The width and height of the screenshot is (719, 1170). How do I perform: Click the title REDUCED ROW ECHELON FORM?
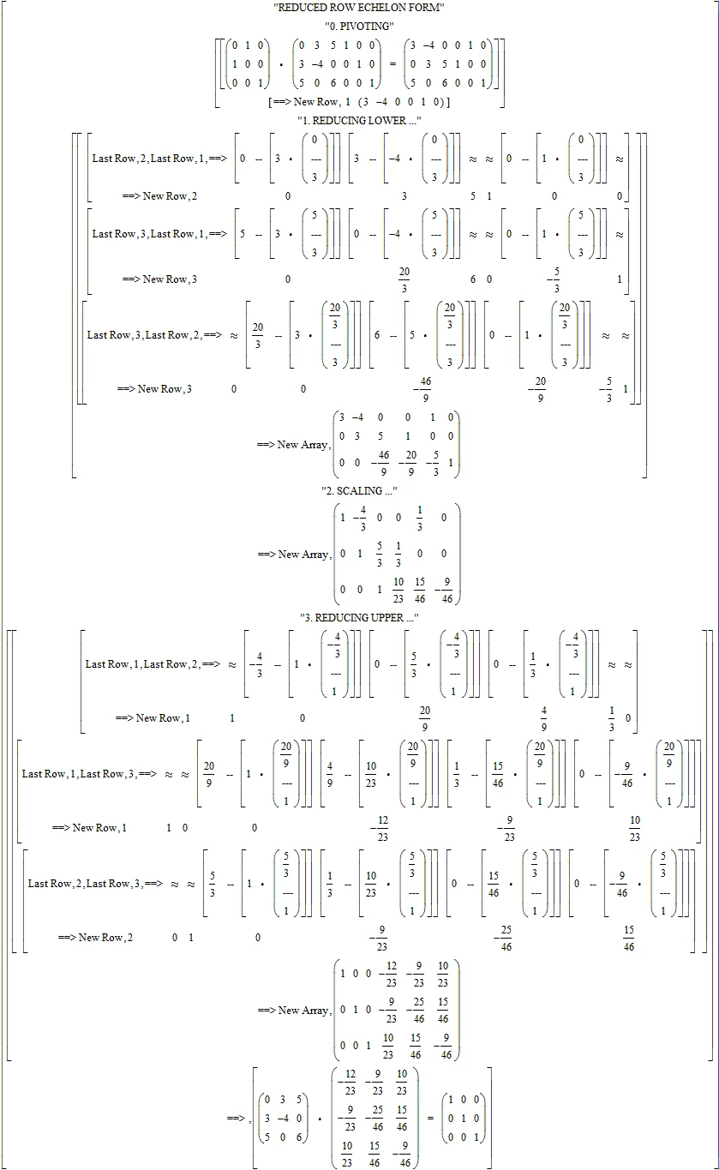click(359, 8)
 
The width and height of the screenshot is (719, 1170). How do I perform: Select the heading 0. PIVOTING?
click(359, 26)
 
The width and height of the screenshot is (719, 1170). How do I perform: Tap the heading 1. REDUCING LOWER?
click(359, 121)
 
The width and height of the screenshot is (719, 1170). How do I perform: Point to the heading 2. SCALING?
click(359, 491)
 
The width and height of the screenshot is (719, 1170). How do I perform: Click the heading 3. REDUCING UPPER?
click(359, 617)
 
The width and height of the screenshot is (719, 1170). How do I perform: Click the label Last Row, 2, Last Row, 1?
click(149, 159)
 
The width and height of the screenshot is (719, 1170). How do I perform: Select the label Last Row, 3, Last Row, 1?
click(149, 234)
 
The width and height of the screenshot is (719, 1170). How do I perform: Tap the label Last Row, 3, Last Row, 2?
click(145, 335)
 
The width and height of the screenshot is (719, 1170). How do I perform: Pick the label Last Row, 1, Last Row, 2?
click(143, 664)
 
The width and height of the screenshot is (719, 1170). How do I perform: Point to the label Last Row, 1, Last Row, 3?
click(80, 774)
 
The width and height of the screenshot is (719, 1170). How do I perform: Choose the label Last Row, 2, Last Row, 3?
click(86, 884)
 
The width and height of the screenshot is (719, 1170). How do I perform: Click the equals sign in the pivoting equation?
click(392, 64)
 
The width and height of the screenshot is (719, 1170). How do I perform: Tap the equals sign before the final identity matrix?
click(431, 1119)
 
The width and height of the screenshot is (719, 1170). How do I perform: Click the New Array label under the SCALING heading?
click(295, 555)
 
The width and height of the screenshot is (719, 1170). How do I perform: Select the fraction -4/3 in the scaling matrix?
click(360, 518)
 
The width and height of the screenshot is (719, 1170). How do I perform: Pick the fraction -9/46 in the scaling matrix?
click(444, 591)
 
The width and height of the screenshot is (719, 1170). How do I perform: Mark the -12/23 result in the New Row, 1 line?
click(380, 829)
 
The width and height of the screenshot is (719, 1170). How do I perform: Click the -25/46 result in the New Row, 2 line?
click(503, 939)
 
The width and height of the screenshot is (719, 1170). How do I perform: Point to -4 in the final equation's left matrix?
click(283, 1119)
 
